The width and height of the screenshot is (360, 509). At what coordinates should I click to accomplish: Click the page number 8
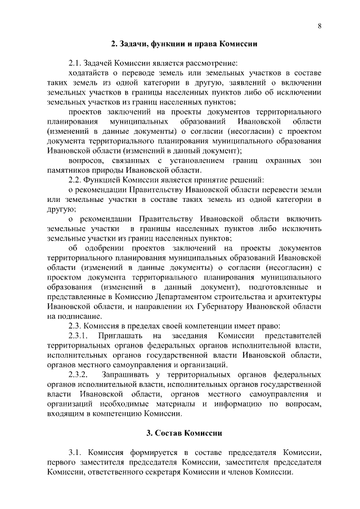coord(319,26)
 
